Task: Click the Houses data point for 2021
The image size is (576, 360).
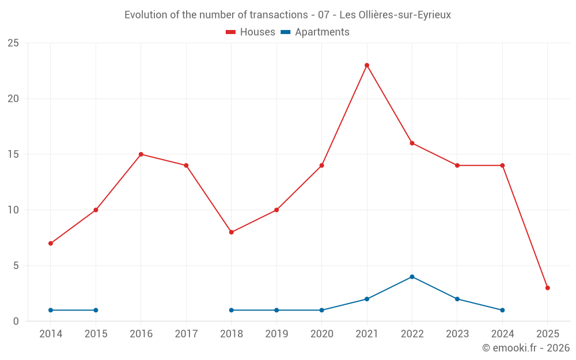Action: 367,65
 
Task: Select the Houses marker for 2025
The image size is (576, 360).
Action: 548,288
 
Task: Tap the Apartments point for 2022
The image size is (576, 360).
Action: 412,276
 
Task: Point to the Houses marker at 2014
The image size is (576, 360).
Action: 51,243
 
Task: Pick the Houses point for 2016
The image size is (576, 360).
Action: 141,154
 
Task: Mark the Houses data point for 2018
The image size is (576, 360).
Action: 232,232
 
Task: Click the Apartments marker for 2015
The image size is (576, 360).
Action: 96,310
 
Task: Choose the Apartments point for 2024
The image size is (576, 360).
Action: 502,310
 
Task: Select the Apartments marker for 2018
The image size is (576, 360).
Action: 232,310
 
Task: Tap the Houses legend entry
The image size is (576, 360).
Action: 251,32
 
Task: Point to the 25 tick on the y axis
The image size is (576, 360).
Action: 13,43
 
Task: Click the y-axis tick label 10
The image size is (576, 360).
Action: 13,210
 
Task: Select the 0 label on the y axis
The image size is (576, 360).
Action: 16,321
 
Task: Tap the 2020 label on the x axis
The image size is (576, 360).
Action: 321,334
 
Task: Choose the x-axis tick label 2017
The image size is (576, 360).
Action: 186,334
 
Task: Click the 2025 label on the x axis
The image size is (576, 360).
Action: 548,334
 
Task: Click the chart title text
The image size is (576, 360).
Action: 288,14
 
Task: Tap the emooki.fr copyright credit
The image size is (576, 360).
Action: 525,348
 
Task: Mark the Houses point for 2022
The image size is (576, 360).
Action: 412,143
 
